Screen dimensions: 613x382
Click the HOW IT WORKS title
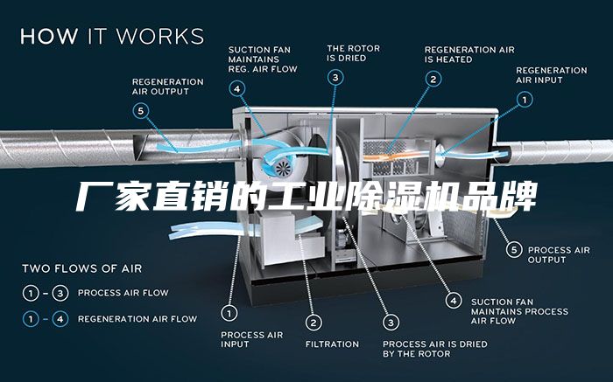click(112, 36)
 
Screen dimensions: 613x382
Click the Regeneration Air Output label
click(168, 87)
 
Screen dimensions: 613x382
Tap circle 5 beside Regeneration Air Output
click(141, 111)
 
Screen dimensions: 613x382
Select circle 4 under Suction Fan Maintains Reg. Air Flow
click(237, 88)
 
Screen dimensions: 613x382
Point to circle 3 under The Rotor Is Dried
click(335, 77)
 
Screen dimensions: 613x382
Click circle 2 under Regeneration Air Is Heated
click(433, 80)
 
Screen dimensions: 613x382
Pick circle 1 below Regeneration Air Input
click(525, 100)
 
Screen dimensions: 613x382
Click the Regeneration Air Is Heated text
click(469, 54)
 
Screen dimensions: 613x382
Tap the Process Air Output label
click(559, 254)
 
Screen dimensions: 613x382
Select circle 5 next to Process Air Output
click(514, 250)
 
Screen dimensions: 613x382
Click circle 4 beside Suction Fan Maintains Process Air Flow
click(454, 301)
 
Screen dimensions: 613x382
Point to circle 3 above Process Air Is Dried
click(391, 323)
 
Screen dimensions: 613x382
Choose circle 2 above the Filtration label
click(314, 323)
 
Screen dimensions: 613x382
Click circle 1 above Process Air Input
click(229, 313)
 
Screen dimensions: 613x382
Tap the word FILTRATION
click(332, 344)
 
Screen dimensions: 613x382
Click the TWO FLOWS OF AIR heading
click(81, 268)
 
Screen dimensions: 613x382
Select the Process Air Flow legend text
click(123, 293)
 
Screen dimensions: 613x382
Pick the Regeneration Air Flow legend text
click(137, 319)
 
